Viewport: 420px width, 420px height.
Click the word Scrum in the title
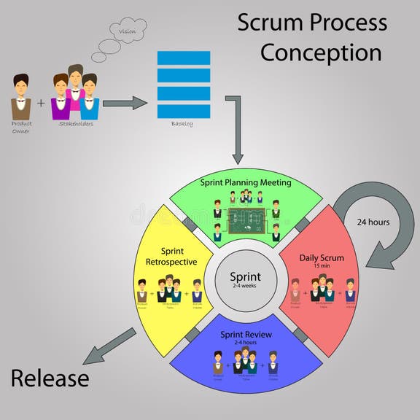pos(269,23)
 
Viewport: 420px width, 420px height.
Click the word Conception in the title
pos(321,52)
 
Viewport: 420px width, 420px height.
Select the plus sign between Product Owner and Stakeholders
pos(41,103)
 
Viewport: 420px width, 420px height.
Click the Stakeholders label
pos(75,124)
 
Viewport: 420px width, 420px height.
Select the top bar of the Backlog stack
pos(183,58)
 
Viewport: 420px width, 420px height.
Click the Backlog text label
pos(183,124)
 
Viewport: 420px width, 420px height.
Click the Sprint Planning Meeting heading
pos(245,182)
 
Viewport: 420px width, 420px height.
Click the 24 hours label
pos(373,222)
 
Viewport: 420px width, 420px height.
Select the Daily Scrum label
pos(322,257)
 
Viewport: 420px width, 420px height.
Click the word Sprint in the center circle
pos(246,276)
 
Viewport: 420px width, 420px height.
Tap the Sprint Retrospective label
pos(173,254)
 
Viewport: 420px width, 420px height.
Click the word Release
pos(50,378)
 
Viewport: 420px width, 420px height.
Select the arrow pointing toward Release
pos(108,346)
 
